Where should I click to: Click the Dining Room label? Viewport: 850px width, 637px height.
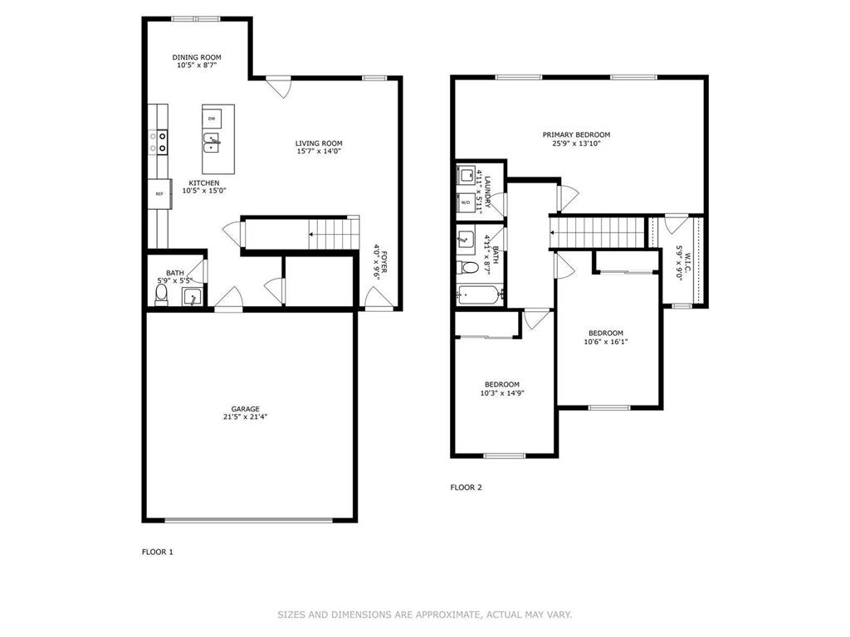pyautogui.click(x=197, y=57)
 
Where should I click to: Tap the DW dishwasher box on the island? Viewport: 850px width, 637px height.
pyautogui.click(x=212, y=119)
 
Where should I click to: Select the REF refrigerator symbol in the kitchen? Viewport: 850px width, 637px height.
pyautogui.click(x=158, y=193)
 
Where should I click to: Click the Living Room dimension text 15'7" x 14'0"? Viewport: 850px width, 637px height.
pyautogui.click(x=319, y=151)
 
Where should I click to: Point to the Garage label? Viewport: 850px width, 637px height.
pyautogui.click(x=245, y=409)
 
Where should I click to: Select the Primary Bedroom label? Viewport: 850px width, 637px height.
pyautogui.click(x=576, y=134)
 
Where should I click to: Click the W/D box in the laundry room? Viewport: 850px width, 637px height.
pyautogui.click(x=466, y=202)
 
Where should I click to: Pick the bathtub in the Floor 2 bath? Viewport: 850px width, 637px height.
pyautogui.click(x=480, y=294)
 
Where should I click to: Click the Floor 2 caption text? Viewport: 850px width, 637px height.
pyautogui.click(x=466, y=488)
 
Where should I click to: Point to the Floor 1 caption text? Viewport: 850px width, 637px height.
pyautogui.click(x=158, y=552)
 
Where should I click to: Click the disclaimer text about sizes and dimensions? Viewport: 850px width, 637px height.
pyautogui.click(x=424, y=615)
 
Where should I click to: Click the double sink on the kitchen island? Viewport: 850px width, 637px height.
pyautogui.click(x=212, y=143)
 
